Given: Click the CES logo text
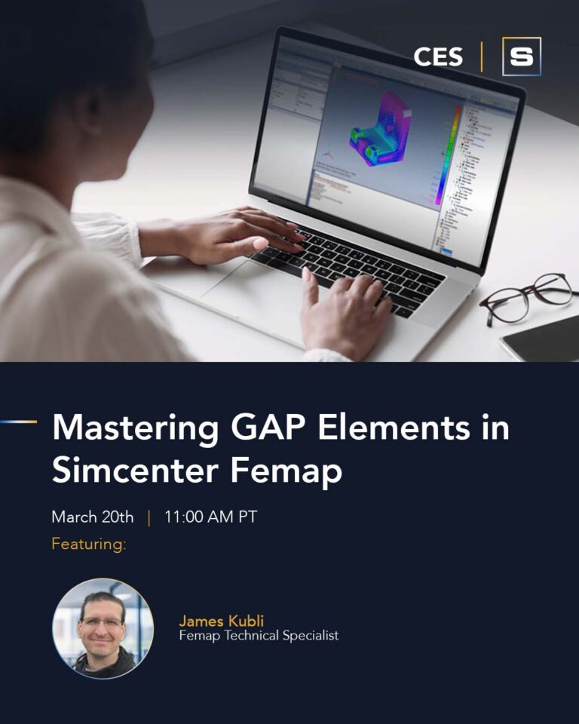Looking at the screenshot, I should [438, 57].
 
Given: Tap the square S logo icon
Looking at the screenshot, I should [522, 57].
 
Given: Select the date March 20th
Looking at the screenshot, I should [93, 517].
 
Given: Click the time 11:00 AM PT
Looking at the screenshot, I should [210, 517].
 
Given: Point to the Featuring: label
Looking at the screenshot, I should [89, 544].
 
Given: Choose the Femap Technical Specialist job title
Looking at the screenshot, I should [259, 636].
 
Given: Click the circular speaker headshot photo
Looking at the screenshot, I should [103, 629].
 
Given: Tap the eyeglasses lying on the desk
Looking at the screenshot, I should [527, 298].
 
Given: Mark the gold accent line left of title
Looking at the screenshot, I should [18, 422].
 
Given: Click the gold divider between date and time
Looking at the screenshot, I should [149, 518].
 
